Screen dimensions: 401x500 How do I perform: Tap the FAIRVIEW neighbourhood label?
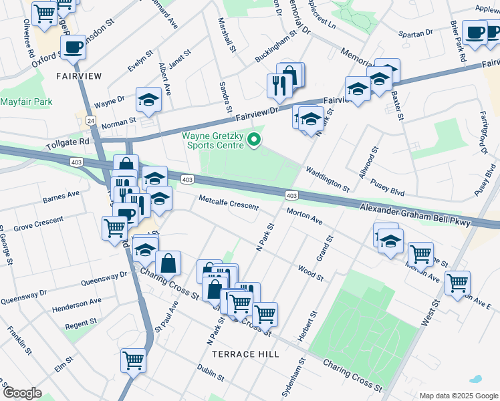tap(79, 76)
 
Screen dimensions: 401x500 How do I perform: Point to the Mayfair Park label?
tap(26, 102)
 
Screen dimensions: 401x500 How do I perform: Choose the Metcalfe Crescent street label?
tap(228, 202)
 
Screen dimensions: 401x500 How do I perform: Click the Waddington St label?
tap(328, 179)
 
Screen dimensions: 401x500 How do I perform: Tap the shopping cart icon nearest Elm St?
tap(133, 360)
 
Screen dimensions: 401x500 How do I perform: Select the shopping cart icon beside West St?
tap(457, 283)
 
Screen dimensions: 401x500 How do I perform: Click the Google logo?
tap(21, 393)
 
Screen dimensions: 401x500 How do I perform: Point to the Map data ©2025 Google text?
tap(457, 395)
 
